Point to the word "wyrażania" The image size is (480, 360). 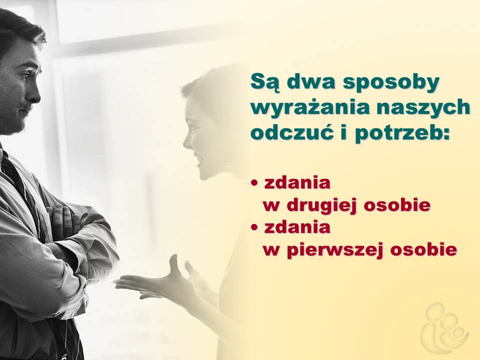pos(310,108)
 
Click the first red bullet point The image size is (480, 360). pos(254,183)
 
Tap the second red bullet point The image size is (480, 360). pos(254,227)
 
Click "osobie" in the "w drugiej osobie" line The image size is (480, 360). pos(397,204)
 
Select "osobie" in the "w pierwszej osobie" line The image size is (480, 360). pos(423,248)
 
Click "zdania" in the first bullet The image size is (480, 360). pos(297,183)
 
